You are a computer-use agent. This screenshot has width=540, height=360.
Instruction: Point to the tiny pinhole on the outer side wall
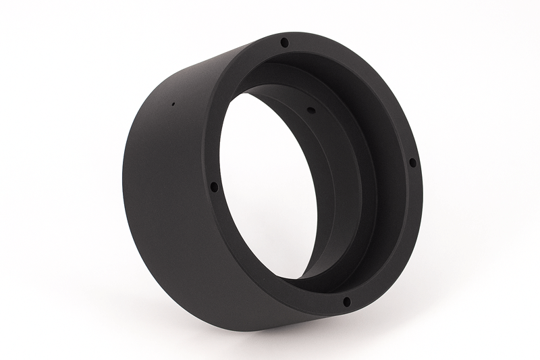tap(173, 105)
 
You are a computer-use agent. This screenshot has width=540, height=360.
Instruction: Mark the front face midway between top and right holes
tap(378, 74)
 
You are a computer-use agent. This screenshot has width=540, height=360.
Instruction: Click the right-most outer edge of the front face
tap(424, 169)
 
